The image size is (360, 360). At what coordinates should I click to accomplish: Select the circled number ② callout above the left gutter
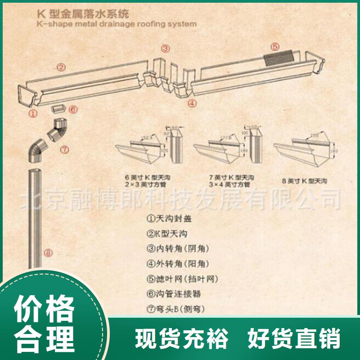pos(61,67)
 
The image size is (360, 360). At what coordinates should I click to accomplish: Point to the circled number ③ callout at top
pos(166,49)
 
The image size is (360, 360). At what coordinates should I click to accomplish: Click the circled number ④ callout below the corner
pos(192,103)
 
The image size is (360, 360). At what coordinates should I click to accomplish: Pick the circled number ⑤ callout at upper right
pos(275,46)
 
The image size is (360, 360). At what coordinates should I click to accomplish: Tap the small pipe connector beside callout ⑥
pos(58,108)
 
